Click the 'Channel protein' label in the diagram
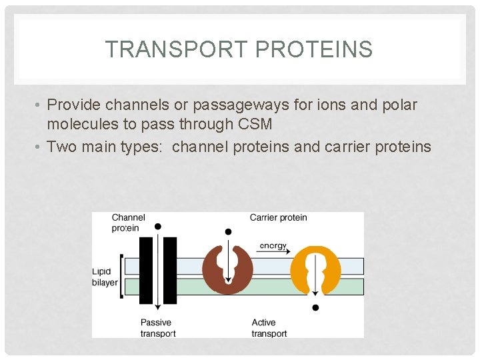pyautogui.click(x=127, y=223)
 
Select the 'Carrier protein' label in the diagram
pyautogui.click(x=278, y=217)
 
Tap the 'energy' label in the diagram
pyautogui.click(x=273, y=245)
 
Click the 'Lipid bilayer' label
pyautogui.click(x=105, y=277)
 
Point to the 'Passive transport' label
pyautogui.click(x=157, y=328)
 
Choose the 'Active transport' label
pyautogui.click(x=269, y=328)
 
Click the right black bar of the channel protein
pyautogui.click(x=170, y=270)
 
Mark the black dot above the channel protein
pyautogui.click(x=158, y=227)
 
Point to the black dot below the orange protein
pyautogui.click(x=315, y=308)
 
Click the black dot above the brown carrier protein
pyautogui.click(x=228, y=232)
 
